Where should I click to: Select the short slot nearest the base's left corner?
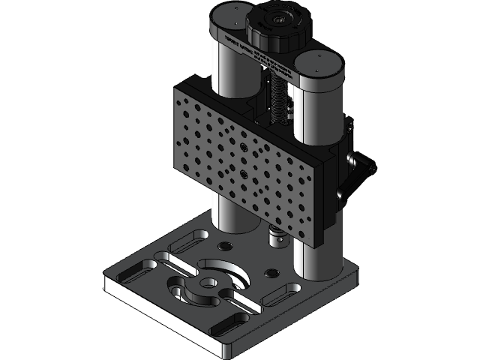(x=135, y=271)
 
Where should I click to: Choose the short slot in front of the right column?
(x=286, y=295)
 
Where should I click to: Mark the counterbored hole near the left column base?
(x=223, y=246)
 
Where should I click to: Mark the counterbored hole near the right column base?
(x=271, y=271)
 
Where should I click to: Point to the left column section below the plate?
(x=226, y=214)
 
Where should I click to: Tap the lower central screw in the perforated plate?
(x=244, y=174)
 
